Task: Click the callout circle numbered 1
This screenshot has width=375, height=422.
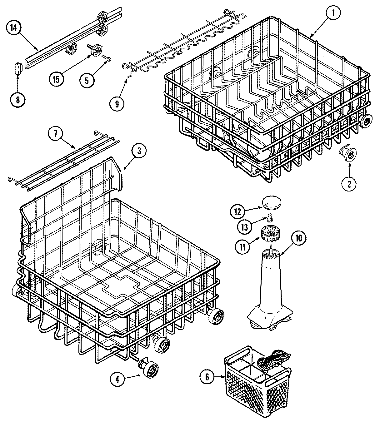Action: point(334,13)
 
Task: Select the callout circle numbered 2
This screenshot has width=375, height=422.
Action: point(348,184)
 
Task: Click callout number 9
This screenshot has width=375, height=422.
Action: point(117,104)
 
